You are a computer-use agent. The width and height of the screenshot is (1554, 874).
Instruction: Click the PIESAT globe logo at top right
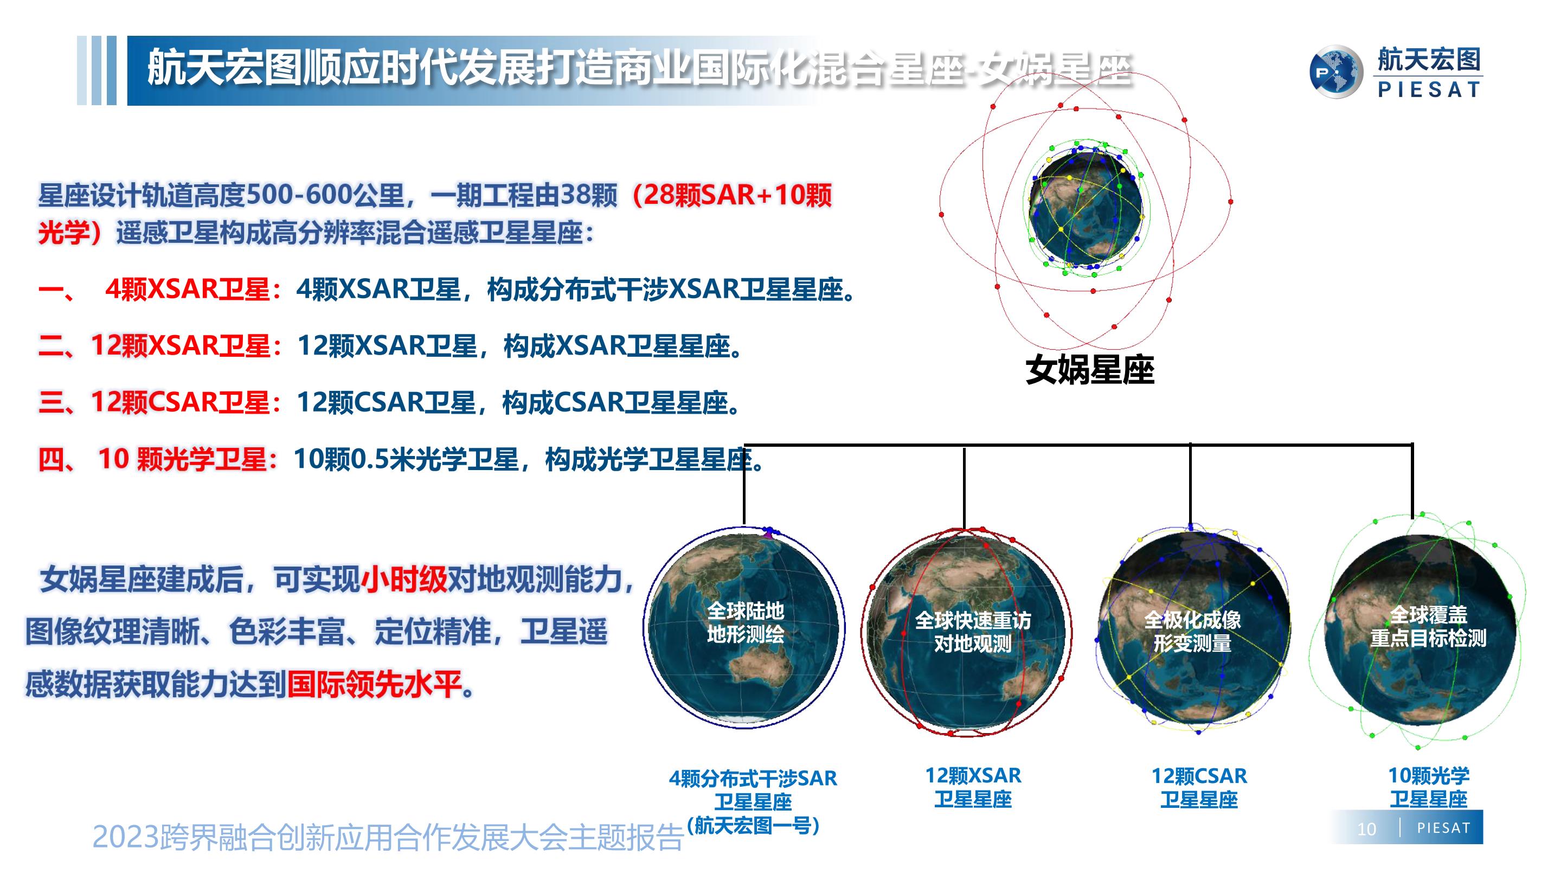pyautogui.click(x=1336, y=72)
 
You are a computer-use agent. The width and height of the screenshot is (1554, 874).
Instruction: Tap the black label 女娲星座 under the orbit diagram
pyautogui.click(x=1089, y=370)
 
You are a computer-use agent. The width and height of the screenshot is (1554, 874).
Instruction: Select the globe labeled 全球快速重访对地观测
pyautogui.click(x=966, y=632)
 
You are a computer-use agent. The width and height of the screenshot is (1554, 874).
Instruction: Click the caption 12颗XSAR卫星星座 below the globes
pyautogui.click(x=973, y=787)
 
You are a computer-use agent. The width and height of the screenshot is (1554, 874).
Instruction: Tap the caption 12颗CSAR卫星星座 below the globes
pyautogui.click(x=1199, y=788)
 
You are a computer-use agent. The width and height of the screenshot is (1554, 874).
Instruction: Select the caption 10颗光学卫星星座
pyautogui.click(x=1429, y=787)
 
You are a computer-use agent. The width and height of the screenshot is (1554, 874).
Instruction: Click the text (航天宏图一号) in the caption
pyautogui.click(x=753, y=825)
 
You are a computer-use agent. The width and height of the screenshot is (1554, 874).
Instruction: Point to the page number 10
pyautogui.click(x=1366, y=830)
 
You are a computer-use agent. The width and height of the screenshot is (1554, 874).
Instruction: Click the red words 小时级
pyautogui.click(x=404, y=580)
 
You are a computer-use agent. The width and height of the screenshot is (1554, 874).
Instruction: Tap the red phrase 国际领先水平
pyautogui.click(x=374, y=684)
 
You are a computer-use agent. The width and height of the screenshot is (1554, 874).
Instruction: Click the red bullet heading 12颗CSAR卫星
pyautogui.click(x=180, y=402)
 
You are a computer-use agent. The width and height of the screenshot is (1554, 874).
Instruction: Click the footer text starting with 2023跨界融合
pyautogui.click(x=387, y=837)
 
